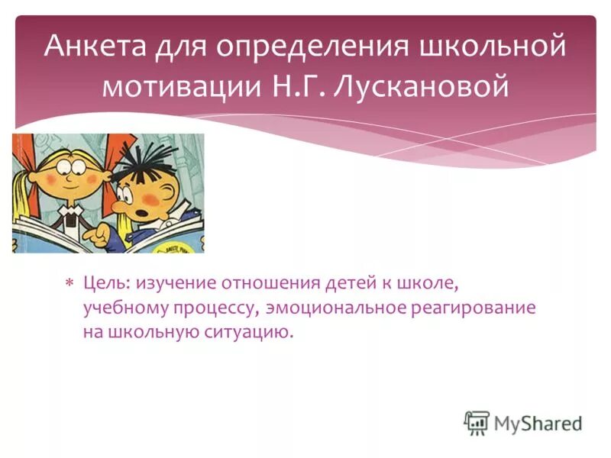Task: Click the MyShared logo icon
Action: (476, 422)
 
